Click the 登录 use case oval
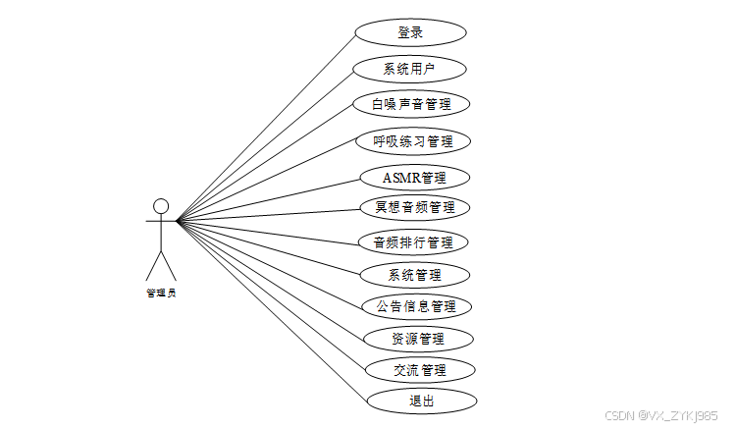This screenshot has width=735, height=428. pos(410,32)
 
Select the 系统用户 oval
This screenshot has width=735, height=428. pos(409,69)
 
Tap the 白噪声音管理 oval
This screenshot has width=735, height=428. pos(412,103)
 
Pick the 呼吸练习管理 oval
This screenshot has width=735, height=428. pos(413,140)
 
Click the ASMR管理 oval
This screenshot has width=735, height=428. pos(413,178)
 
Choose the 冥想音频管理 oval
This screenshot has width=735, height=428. pos(414,207)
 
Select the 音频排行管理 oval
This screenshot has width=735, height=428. pos(413,241)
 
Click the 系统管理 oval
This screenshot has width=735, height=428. pos(415,275)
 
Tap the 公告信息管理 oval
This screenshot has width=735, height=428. pos(416,306)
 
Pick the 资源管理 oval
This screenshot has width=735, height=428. pos(418,339)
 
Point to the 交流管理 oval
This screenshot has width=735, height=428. pos(419,370)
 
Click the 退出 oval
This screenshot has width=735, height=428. pos(421,401)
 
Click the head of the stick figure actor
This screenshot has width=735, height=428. pos(161,206)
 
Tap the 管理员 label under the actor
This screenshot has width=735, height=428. pos(161,292)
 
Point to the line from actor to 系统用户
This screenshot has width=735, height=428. pos(265,146)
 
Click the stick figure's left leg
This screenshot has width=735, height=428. pos(154,265)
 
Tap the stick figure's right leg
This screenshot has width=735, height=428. pos(169,265)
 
